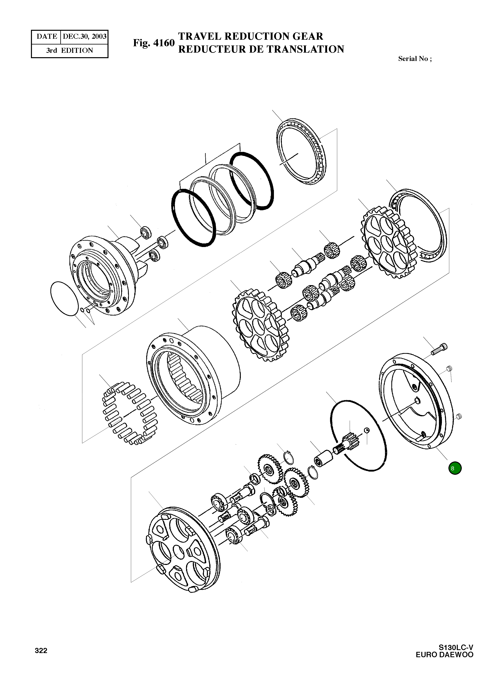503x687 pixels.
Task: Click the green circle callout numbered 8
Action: tap(455, 468)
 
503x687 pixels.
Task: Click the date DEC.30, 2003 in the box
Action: tap(85, 37)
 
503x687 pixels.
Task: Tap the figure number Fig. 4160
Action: tap(154, 43)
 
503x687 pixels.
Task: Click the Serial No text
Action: tap(415, 59)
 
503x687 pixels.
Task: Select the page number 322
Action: tap(41, 651)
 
